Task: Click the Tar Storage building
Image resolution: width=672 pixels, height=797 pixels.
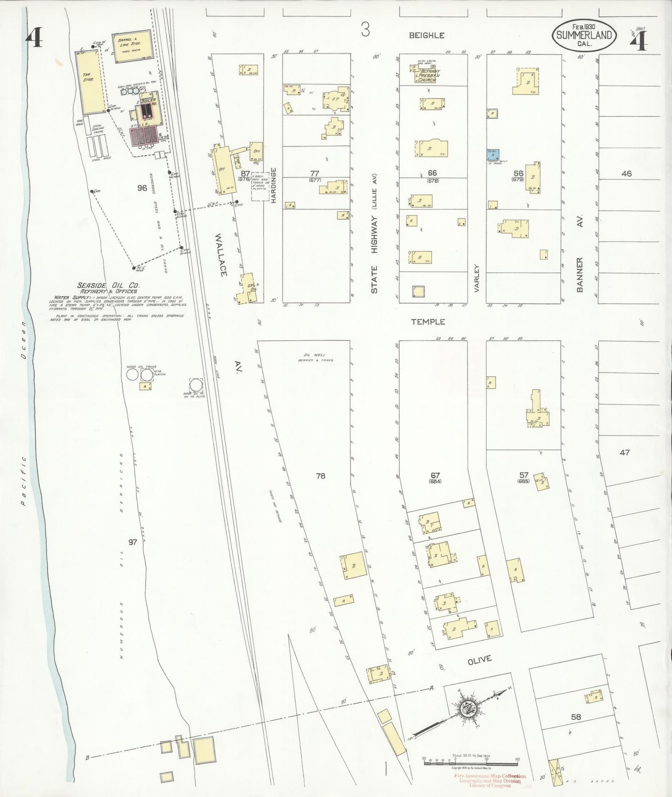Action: click(90, 82)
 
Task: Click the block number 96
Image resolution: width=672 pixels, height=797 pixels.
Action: click(142, 188)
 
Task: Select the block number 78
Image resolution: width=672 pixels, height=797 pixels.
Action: click(320, 476)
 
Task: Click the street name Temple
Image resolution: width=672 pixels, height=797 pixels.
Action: click(428, 321)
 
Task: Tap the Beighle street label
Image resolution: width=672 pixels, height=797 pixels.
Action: click(426, 35)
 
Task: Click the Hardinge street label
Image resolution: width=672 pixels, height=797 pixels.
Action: click(274, 185)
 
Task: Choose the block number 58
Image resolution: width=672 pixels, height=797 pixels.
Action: click(576, 717)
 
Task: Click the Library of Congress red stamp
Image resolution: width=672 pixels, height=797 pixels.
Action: click(489, 781)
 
